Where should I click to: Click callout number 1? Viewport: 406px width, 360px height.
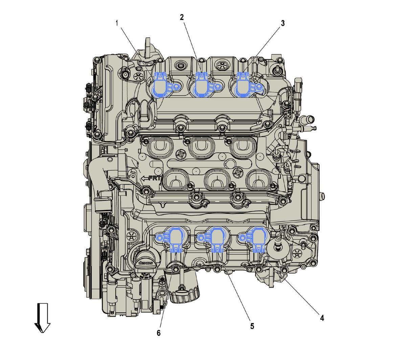point(117,23)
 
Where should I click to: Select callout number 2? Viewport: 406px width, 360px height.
point(182,17)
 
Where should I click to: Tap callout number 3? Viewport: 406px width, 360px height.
point(283,23)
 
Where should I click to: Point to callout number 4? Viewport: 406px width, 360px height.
point(322,318)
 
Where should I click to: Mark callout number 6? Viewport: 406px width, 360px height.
point(159,333)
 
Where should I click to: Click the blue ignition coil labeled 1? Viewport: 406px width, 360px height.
point(162,84)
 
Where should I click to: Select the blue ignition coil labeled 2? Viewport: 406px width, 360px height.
point(203,84)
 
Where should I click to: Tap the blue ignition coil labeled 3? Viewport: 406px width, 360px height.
point(245,84)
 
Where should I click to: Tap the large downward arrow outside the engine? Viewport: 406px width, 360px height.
point(42,318)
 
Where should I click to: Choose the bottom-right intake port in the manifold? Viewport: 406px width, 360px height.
point(258,179)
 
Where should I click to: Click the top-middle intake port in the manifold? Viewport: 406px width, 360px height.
point(202,147)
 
